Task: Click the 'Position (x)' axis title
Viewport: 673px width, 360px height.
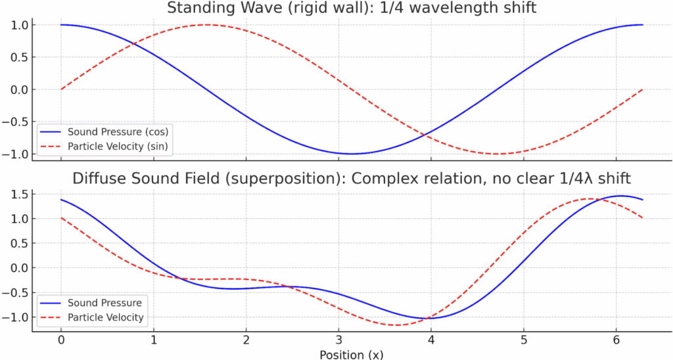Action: (352, 353)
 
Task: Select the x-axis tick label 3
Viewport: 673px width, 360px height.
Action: (338, 340)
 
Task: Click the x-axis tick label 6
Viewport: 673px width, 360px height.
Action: (616, 340)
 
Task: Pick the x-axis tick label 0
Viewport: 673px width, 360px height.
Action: (61, 340)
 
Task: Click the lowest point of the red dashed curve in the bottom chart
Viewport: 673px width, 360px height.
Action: (397, 325)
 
